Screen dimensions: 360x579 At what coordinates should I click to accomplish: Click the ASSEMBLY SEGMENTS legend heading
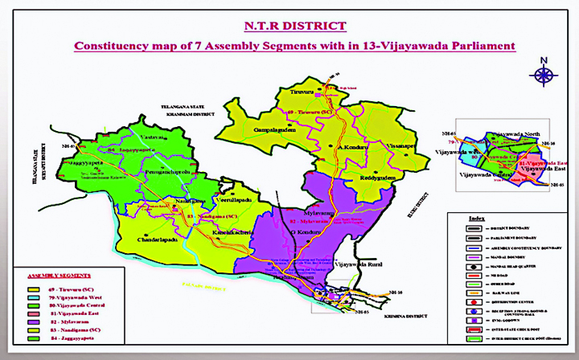58,276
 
